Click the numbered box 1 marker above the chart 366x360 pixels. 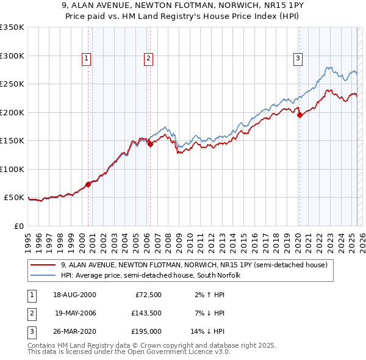pyautogui.click(x=87, y=59)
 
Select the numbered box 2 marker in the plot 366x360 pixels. pyautogui.click(x=148, y=59)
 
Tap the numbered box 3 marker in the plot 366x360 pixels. pyautogui.click(x=298, y=59)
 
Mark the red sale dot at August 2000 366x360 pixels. pyautogui.click(x=88, y=184)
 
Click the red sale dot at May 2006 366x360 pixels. pyautogui.click(x=150, y=144)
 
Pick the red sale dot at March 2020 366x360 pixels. pyautogui.click(x=299, y=115)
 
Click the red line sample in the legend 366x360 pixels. pyautogui.click(x=44, y=265)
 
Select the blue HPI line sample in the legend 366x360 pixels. pyautogui.click(x=44, y=275)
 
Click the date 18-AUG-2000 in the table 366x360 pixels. pyautogui.click(x=75, y=294)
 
